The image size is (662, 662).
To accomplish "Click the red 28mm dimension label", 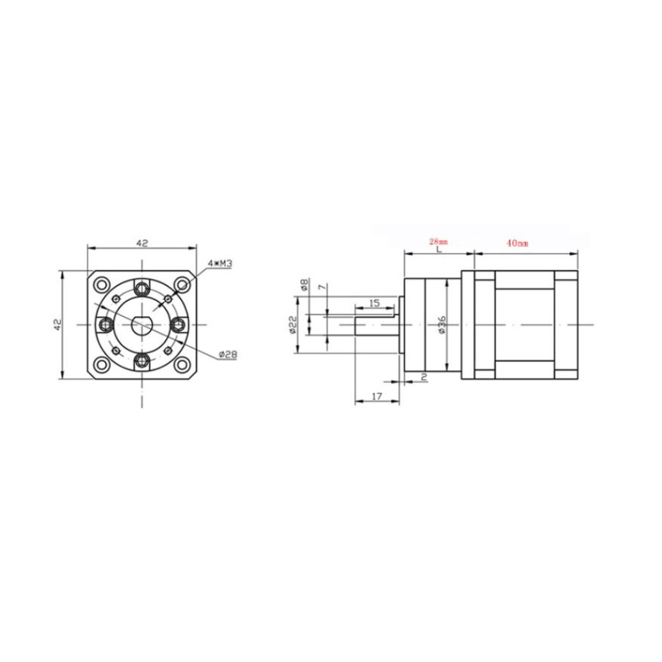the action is pyautogui.click(x=438, y=242).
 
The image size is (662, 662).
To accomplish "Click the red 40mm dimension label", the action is pyautogui.click(x=517, y=243).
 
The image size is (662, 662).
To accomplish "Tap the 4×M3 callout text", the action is pyautogui.click(x=220, y=264).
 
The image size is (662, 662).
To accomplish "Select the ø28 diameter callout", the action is pyautogui.click(x=228, y=355).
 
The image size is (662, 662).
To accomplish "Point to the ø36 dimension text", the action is pyautogui.click(x=442, y=324).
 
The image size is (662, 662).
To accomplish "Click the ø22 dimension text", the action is pyautogui.click(x=293, y=325).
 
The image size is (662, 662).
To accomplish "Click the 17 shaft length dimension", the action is pyautogui.click(x=376, y=396).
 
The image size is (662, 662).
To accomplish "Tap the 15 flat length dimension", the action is pyautogui.click(x=374, y=303).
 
